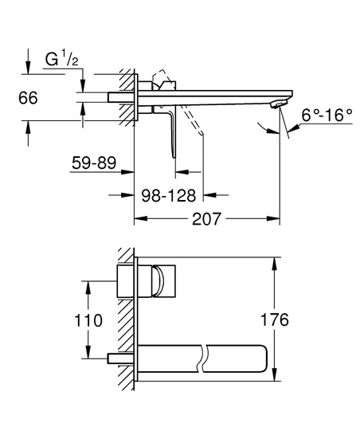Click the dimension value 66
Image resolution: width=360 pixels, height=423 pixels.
coord(28,98)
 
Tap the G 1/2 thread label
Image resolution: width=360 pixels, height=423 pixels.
coord(62,60)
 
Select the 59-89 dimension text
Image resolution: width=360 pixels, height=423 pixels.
coord(94,163)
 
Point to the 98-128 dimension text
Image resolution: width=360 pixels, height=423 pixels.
coord(169,196)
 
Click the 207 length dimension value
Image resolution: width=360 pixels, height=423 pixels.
coord(206,219)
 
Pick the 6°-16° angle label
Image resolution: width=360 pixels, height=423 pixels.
coord(327,116)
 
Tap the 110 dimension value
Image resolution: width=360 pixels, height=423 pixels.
coord(88,320)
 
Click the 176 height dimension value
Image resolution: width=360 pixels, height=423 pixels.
coord(275,319)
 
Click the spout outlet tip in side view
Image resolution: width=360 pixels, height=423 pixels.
coord(279,104)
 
